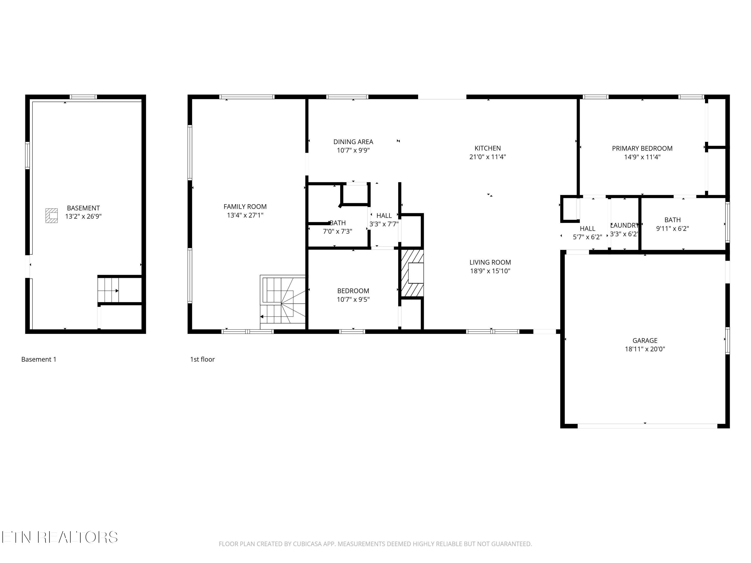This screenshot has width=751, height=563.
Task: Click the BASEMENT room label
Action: [x=83, y=208]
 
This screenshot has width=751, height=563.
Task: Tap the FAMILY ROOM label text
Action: [x=245, y=206]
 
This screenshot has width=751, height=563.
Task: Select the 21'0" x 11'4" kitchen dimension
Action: [x=488, y=157]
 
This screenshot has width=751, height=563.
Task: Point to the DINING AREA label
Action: [x=353, y=142]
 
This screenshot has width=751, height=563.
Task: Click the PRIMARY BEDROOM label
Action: [x=642, y=148]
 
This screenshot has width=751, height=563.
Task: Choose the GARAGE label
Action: [x=645, y=340]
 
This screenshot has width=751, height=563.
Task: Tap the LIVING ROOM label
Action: [x=490, y=262]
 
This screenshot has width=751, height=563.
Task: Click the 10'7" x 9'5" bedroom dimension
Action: [x=353, y=299]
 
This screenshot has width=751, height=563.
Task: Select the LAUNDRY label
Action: [x=624, y=225]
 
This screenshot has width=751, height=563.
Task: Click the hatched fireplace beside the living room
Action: [x=412, y=273]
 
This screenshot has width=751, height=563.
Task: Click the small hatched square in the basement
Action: [x=52, y=215]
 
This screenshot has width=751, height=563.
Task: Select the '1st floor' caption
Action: [x=202, y=359]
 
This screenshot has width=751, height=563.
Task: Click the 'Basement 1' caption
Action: [x=39, y=359]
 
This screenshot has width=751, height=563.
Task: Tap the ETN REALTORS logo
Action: [x=60, y=537]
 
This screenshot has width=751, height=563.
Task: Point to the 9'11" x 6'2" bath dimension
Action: [x=672, y=228]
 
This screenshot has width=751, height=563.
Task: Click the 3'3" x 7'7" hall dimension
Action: [x=384, y=224]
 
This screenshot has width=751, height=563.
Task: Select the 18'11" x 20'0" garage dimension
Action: [x=645, y=349]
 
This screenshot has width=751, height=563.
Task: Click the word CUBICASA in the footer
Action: [x=307, y=544]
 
